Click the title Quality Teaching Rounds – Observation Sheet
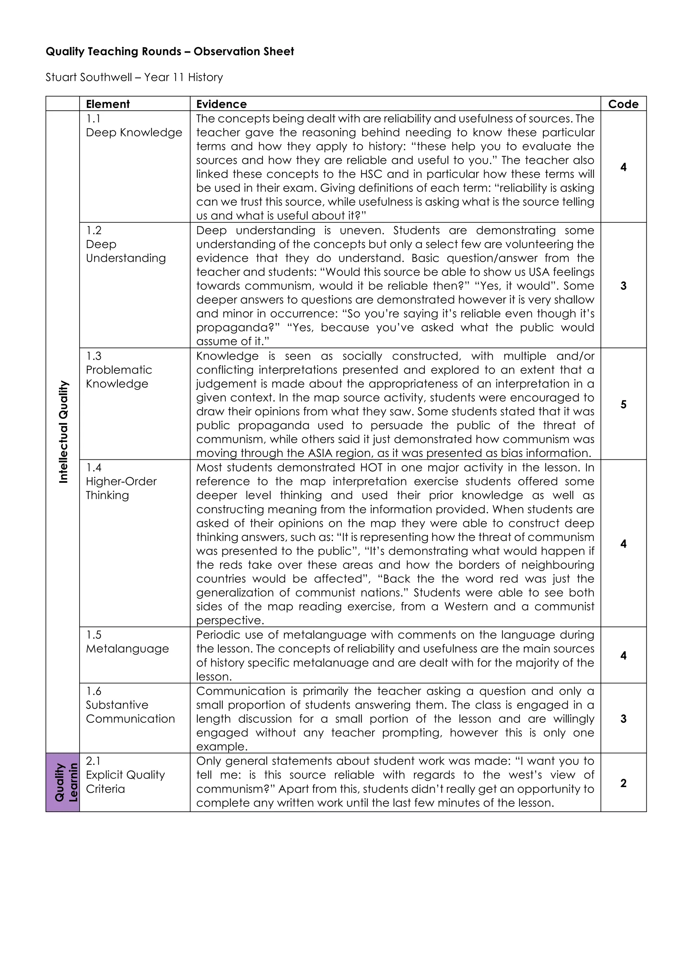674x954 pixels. coord(169,51)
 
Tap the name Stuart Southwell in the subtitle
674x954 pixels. coord(89,77)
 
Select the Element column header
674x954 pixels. coord(108,104)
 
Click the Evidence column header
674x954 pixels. coord(221,104)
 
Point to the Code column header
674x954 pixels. coord(623,104)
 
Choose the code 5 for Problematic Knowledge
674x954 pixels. coord(623,404)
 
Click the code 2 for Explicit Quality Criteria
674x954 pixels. coord(623,783)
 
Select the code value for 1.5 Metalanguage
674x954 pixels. coord(623,656)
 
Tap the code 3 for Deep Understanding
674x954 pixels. coord(623,286)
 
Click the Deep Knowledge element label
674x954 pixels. coord(134,133)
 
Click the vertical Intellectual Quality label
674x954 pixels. coord(63,432)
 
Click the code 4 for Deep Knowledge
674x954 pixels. coord(623,167)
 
